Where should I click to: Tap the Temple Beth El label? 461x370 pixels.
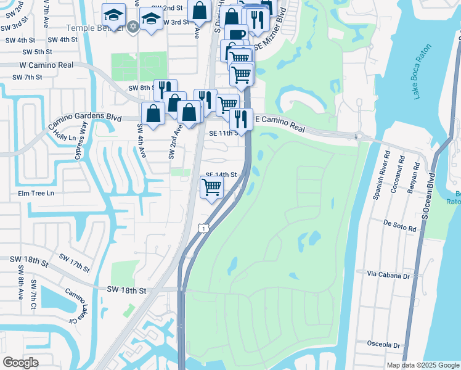coord(96,28)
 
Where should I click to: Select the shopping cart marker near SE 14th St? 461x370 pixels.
coord(212,186)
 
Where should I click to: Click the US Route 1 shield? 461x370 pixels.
coord(203,228)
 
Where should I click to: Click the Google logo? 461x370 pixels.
coord(21,362)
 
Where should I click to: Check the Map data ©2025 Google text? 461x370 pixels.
coord(422,365)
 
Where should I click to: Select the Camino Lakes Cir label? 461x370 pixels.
coord(74,308)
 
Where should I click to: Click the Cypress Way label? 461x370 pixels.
coord(82,141)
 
